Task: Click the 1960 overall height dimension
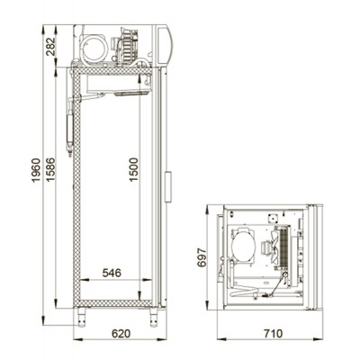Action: (x=36, y=170)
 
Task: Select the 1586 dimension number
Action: (x=50, y=169)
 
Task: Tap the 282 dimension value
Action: (x=50, y=47)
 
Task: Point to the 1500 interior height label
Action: (x=134, y=169)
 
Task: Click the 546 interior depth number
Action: (x=112, y=273)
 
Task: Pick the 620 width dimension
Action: (x=121, y=333)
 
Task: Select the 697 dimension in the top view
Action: (x=202, y=257)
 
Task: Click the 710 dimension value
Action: (x=274, y=333)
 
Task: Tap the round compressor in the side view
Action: (x=94, y=48)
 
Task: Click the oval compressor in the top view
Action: (x=243, y=247)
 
